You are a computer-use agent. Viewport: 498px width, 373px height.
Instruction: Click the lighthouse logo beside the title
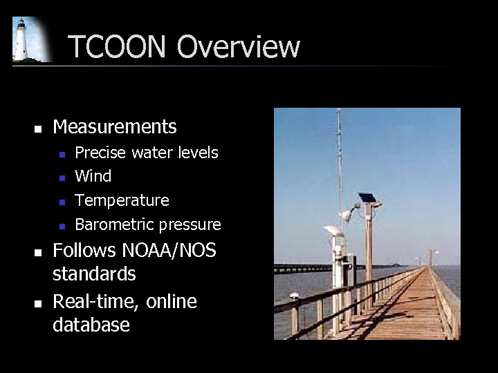click(28, 40)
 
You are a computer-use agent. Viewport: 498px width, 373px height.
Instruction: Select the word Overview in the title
click(239, 47)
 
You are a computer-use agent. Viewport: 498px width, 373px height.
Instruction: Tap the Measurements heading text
click(115, 127)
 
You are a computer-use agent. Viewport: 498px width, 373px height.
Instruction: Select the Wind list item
click(93, 177)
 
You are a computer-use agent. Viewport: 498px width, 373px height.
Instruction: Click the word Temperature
click(122, 201)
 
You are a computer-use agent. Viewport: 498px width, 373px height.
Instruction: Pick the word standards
click(94, 274)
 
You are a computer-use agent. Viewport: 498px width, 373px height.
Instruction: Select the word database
click(91, 325)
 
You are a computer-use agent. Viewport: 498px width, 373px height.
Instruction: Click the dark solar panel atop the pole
click(367, 198)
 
